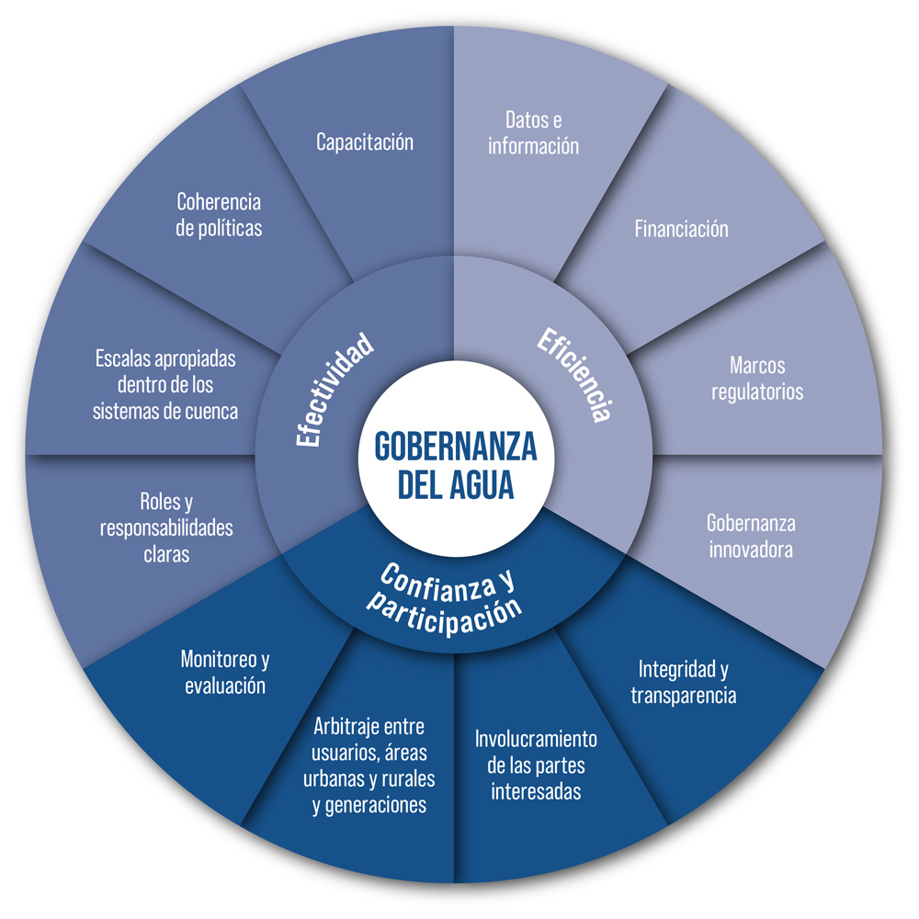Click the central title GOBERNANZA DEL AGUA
click(456, 465)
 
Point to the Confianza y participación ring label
click(445, 595)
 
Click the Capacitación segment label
click(365, 142)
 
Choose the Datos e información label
click(533, 132)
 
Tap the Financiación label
click(681, 229)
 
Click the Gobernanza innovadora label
click(750, 537)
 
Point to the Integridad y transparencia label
click(683, 682)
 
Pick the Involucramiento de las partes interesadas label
click(536, 765)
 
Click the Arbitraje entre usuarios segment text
click(369, 766)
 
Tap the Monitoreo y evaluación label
click(225, 672)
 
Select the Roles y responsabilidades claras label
click(166, 528)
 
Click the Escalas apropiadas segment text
click(165, 384)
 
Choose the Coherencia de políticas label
click(219, 214)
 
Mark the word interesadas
click(536, 791)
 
